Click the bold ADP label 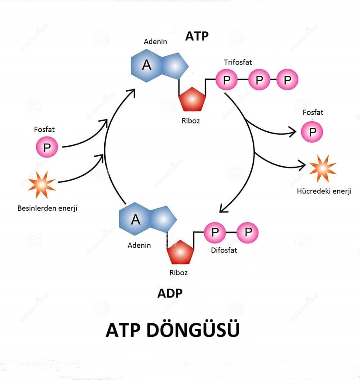coord(170,293)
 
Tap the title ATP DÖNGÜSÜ coord(172,330)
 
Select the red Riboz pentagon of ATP coord(192,99)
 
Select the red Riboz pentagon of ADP coord(181,252)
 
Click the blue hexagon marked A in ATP coord(147,66)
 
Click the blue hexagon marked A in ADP coord(136,219)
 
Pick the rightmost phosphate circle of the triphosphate coord(288,80)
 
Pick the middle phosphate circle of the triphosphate coord(259,80)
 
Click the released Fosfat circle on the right coord(312,132)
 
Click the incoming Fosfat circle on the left coord(47,147)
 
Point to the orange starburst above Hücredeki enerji coord(322,168)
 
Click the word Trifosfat coord(238,62)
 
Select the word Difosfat coord(224,250)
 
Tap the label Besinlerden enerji coord(47,208)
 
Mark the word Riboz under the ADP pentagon coord(178,273)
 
